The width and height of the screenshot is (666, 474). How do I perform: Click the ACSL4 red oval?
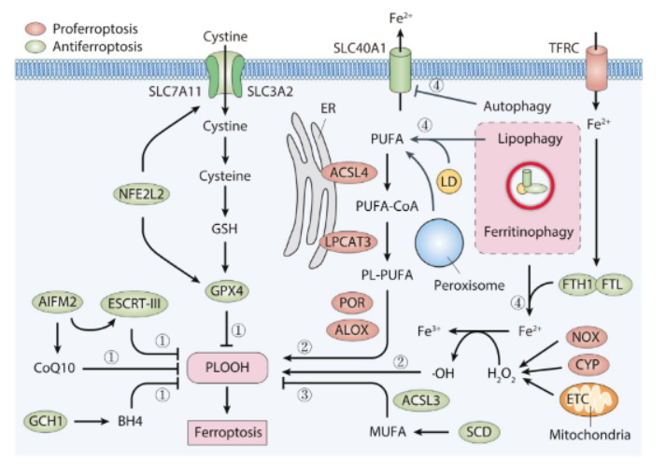(348, 174)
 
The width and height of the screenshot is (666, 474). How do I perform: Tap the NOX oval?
(588, 337)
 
